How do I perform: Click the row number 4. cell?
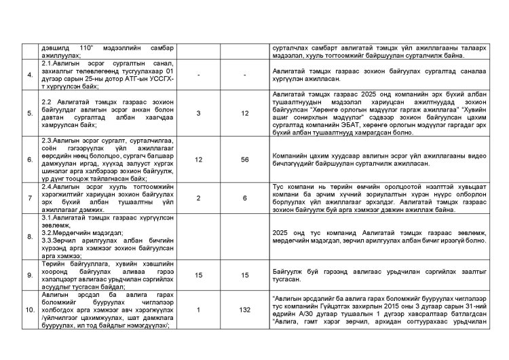(31, 74)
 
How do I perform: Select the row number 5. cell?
(31, 113)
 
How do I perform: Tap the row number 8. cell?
(31, 237)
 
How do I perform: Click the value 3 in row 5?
(198, 113)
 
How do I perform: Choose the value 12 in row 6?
(198, 158)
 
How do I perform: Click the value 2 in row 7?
(198, 196)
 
